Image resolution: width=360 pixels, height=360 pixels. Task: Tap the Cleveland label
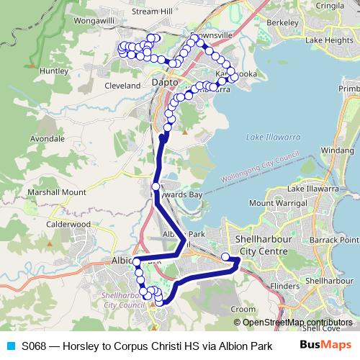(x=122, y=86)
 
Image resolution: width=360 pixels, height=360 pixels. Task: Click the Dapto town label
(x=165, y=84)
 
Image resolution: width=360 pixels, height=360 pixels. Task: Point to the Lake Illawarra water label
(x=271, y=137)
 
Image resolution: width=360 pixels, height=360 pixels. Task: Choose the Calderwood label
(x=69, y=225)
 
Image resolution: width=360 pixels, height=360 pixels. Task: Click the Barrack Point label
(x=338, y=239)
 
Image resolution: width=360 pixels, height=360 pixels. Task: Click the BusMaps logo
(x=325, y=345)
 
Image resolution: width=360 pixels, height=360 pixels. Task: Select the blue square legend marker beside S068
(x=11, y=346)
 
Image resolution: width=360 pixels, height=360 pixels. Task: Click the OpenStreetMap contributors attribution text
(x=297, y=323)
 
